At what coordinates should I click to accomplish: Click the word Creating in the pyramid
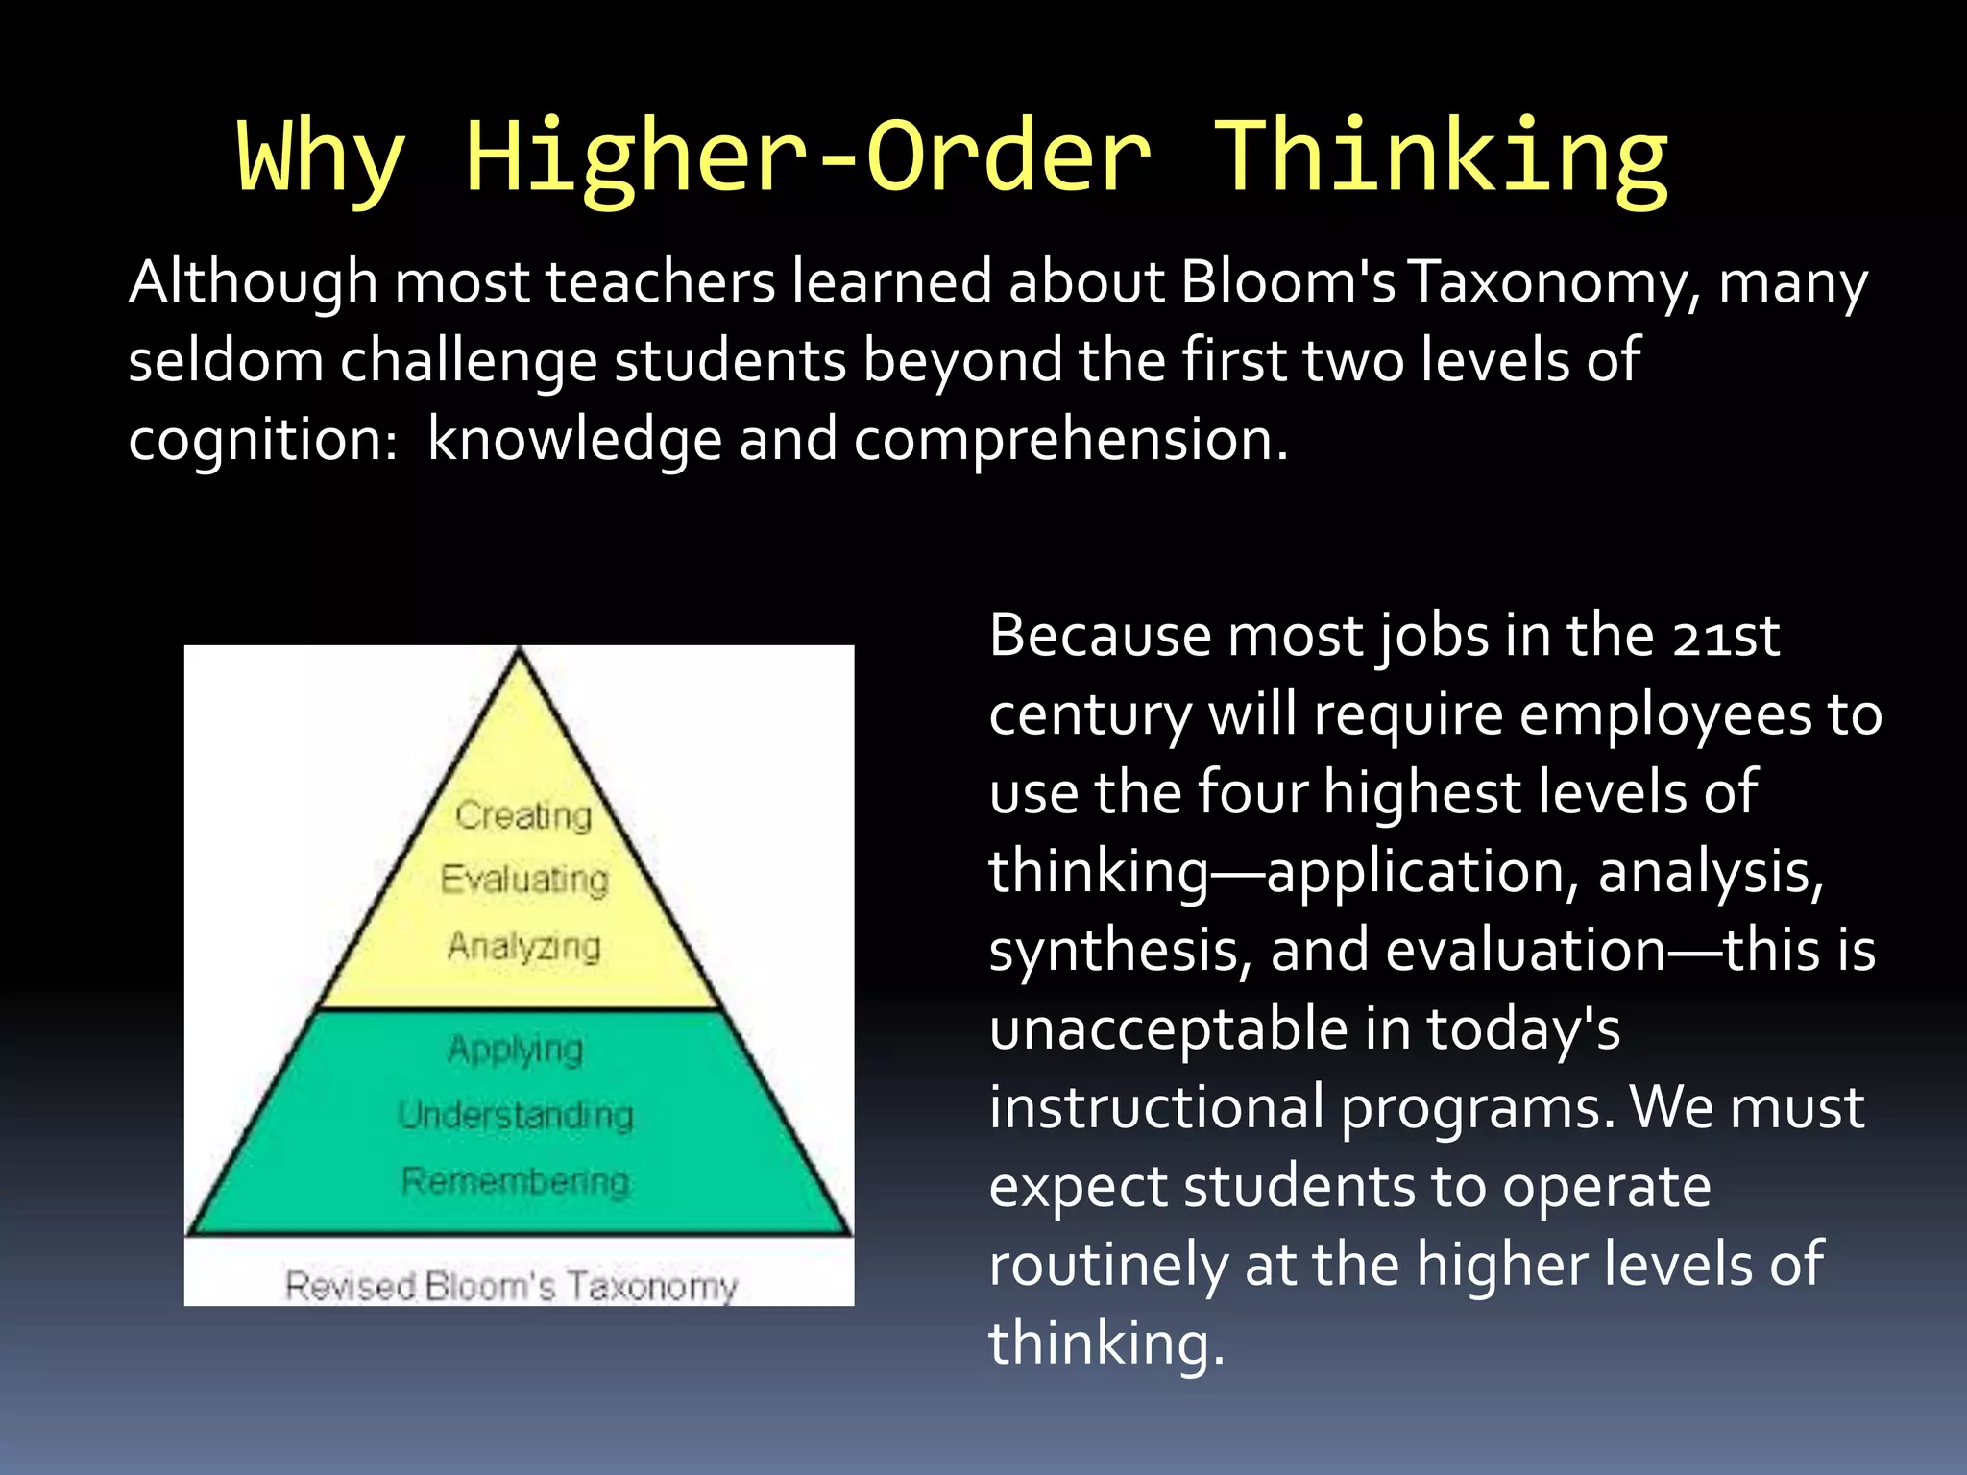(x=523, y=815)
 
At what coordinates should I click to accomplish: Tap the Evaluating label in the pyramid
(x=524, y=879)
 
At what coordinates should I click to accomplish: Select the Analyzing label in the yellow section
(x=524, y=946)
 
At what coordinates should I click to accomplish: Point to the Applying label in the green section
(x=516, y=1050)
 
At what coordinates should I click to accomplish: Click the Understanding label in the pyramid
(x=516, y=1115)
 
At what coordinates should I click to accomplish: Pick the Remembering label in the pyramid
(x=516, y=1180)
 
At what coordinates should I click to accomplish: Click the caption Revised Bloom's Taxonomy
(x=511, y=1285)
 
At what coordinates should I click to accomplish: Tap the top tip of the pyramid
(x=519, y=653)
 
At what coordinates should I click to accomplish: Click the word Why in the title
(x=321, y=157)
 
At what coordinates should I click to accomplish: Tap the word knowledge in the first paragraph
(x=574, y=440)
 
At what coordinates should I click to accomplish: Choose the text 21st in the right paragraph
(x=1725, y=637)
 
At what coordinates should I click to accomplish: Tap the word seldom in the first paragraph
(x=226, y=361)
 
